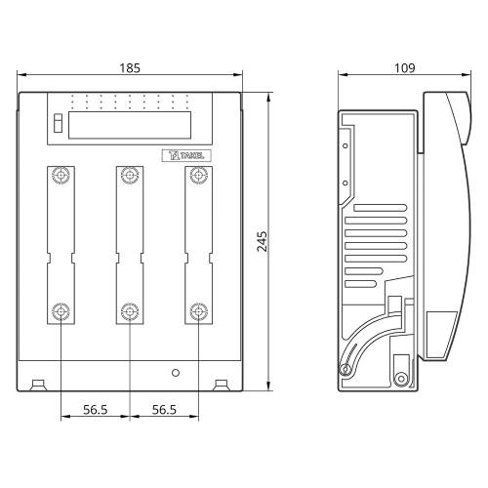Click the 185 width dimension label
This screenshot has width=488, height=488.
(x=130, y=68)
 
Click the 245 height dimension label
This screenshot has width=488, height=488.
(x=262, y=241)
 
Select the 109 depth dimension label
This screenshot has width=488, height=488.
(x=405, y=68)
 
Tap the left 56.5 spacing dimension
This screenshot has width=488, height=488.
(x=96, y=410)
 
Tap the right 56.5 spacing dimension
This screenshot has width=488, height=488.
(x=164, y=410)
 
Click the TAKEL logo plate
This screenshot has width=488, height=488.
(x=186, y=155)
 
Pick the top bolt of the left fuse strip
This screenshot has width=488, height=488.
(x=61, y=176)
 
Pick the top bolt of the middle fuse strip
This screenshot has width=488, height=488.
(x=130, y=176)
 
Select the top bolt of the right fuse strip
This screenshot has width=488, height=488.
(x=199, y=176)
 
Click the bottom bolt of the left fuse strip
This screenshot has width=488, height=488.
(x=61, y=311)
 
